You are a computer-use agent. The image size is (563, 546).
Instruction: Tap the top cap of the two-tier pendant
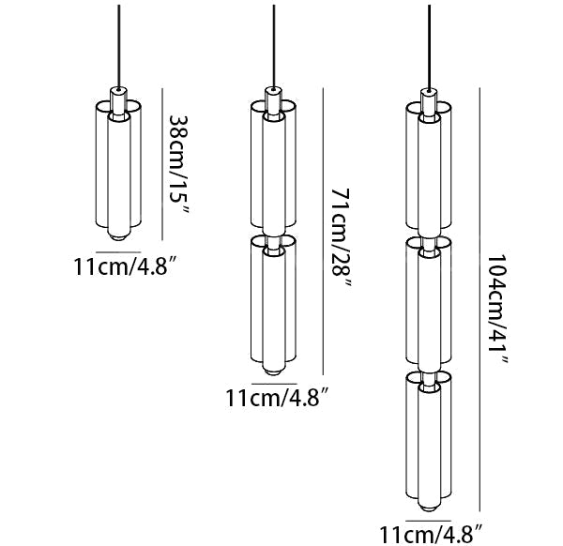(272, 96)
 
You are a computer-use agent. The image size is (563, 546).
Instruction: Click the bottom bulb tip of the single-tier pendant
(117, 237)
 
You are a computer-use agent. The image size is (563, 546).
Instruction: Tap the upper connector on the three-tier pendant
(428, 237)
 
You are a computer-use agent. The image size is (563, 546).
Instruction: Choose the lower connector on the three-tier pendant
(428, 372)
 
